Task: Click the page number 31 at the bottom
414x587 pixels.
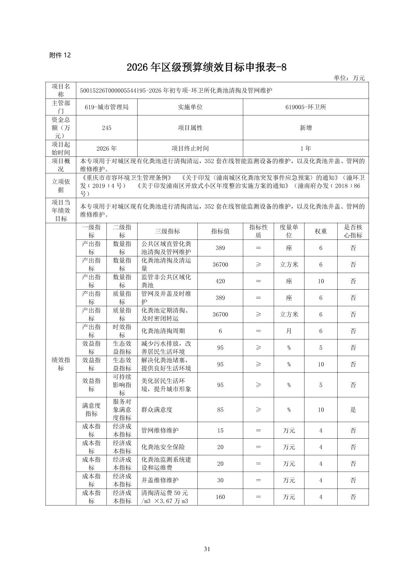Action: (207, 549)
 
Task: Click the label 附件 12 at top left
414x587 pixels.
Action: (60, 55)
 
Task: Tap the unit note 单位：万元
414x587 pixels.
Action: (349, 78)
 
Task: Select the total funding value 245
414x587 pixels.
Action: (106, 128)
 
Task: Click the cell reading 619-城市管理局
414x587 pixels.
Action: (106, 107)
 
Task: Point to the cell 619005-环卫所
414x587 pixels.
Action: (306, 107)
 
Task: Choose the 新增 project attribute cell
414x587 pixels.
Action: (306, 128)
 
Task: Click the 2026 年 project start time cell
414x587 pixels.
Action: (106, 148)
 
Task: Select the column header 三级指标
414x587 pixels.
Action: (167, 231)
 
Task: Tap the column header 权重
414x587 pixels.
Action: (321, 231)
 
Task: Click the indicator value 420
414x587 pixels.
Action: (220, 281)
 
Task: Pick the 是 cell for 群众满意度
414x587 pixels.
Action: (353, 410)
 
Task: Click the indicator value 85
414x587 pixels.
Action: (220, 410)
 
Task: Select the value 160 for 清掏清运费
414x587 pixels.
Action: (220, 497)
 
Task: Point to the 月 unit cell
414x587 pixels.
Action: (289, 331)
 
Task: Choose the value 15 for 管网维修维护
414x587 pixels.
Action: (220, 431)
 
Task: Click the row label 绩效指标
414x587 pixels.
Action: (61, 364)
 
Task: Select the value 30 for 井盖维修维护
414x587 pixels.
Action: (220, 480)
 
